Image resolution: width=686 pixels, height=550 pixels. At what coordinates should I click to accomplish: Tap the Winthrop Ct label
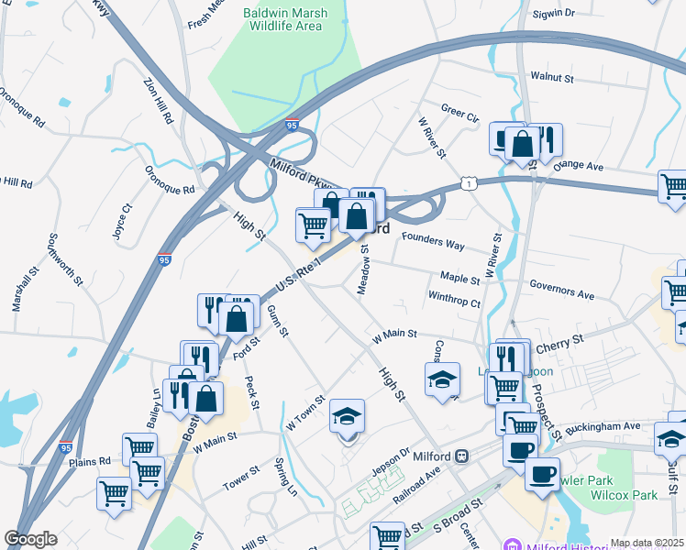pos(454,297)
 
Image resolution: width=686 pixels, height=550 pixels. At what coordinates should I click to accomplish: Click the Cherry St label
pos(560,341)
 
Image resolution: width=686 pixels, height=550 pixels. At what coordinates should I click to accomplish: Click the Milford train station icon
pos(463,456)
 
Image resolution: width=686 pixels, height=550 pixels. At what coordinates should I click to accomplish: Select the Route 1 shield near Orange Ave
pos(469,185)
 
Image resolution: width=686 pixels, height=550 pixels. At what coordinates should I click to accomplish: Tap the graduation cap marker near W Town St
pos(348,416)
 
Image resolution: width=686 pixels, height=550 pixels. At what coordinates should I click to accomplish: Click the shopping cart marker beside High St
pos(314,223)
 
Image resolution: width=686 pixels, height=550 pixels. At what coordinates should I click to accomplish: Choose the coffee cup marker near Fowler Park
pos(542,474)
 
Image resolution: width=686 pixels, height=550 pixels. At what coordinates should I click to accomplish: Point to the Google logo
pos(30,540)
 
